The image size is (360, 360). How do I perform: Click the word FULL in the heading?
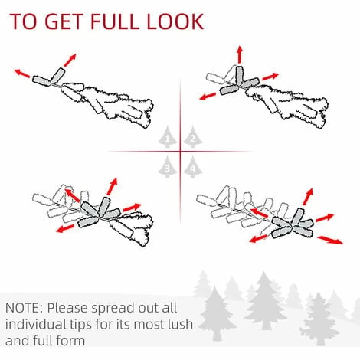pyautogui.click(x=115, y=21)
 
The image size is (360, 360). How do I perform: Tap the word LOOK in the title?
pyautogui.click(x=175, y=21)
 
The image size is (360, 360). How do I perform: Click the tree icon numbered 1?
pyautogui.click(x=168, y=137)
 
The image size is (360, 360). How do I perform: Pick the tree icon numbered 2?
pyautogui.click(x=193, y=137)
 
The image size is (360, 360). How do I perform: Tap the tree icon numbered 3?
pyautogui.click(x=168, y=167)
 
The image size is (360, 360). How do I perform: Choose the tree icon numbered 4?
pyautogui.click(x=193, y=167)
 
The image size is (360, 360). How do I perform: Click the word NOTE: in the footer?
pyautogui.click(x=25, y=308)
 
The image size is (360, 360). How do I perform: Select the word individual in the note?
pyautogui.click(x=36, y=324)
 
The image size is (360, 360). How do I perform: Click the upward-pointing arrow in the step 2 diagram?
pyautogui.click(x=239, y=54)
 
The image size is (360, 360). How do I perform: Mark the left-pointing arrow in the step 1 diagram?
pyautogui.click(x=21, y=74)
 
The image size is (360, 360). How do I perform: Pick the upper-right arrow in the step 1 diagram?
pyautogui.click(x=70, y=60)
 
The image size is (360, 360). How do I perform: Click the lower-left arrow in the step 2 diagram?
pyautogui.click(x=208, y=97)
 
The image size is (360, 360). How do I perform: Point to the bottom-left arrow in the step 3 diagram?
pyautogui.click(x=65, y=228)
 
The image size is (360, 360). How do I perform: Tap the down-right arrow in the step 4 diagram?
pyautogui.click(x=330, y=240)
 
